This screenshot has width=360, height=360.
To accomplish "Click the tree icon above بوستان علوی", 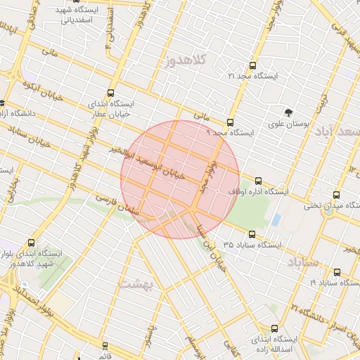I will coord(288,112).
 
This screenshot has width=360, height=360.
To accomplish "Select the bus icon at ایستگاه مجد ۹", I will coord(230,122).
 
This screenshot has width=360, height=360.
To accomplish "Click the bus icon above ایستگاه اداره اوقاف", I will coord(258,181).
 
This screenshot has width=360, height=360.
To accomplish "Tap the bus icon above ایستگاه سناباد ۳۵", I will coord(252,234).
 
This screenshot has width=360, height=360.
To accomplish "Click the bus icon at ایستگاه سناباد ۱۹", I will coord(337,273).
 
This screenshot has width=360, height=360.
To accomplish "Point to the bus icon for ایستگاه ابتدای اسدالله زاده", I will coord(274,328).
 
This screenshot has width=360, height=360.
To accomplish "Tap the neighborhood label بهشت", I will coord(136,283).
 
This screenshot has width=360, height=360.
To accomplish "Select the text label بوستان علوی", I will coord(288,124).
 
